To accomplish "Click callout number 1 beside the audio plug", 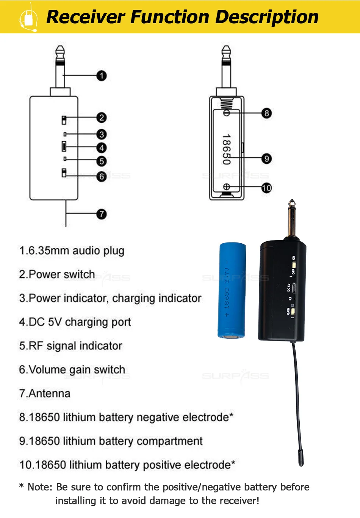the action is pos(102,76).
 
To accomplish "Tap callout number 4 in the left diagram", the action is pos(102,148).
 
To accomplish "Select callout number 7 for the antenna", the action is pos(102,214).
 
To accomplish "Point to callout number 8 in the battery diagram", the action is pos(266,113).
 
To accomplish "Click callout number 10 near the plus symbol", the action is pos(266,188).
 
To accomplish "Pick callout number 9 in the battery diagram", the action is pos(266,159).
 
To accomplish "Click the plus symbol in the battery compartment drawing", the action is pos(226,187).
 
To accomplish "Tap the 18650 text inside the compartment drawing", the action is pos(226,149).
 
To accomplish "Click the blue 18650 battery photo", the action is pos(232,290).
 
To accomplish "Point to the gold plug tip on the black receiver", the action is pos(292,220).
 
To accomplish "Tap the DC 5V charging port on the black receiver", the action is pos(294,288).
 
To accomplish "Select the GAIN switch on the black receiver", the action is pos(293,311).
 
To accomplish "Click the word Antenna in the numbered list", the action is pos(50,393).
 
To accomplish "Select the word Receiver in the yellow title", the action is pos(86,17).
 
